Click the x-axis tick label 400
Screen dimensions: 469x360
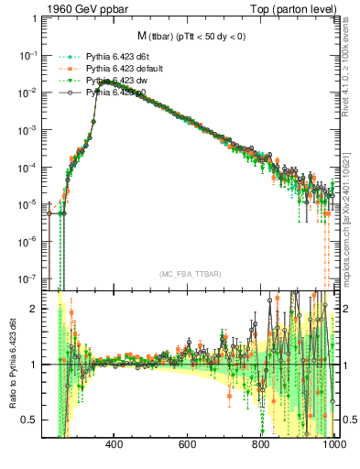(x=115, y=445)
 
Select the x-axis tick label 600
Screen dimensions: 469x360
(x=188, y=445)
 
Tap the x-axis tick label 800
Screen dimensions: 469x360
(x=261, y=445)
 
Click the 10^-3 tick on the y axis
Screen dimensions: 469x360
(x=28, y=129)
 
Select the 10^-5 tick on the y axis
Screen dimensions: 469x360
(x=28, y=203)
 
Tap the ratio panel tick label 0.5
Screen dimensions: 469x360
(x=30, y=420)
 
